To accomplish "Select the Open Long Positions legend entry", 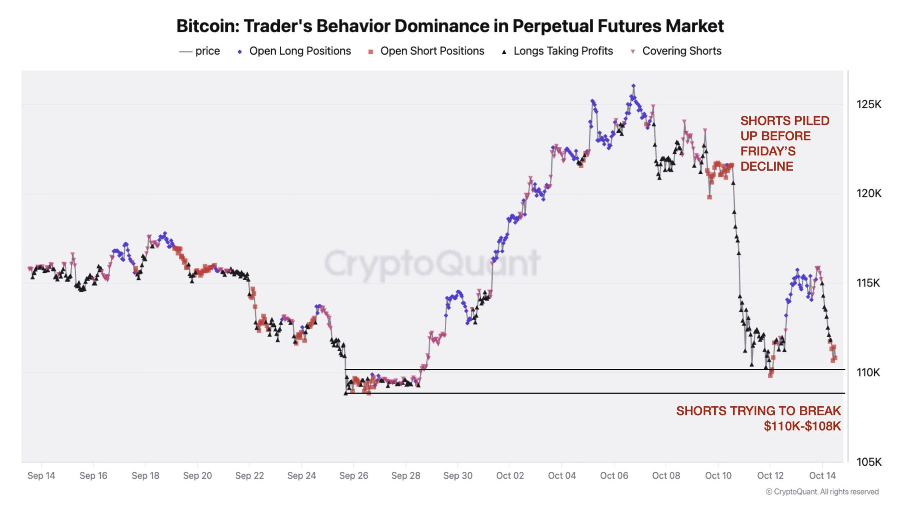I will (x=300, y=51).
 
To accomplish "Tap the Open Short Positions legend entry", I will (x=432, y=51).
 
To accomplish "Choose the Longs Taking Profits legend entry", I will (x=563, y=51).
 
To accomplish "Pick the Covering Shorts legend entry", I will (x=681, y=51).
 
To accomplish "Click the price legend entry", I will (x=207, y=51).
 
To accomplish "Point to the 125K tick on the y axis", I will (x=868, y=104).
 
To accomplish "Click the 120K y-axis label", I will (x=868, y=193).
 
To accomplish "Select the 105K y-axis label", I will (x=868, y=462).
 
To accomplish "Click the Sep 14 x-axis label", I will (x=41, y=475).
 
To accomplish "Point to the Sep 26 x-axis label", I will (x=353, y=475).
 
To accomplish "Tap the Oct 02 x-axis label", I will (x=509, y=475).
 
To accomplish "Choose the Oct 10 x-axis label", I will (x=718, y=475).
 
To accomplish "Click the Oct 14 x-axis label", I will (x=822, y=475).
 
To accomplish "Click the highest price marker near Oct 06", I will (x=633, y=86).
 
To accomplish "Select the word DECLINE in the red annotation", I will (x=766, y=166).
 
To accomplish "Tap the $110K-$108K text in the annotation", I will (x=802, y=426).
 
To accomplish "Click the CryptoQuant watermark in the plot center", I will (x=432, y=263).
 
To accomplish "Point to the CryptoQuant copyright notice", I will (x=822, y=492).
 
